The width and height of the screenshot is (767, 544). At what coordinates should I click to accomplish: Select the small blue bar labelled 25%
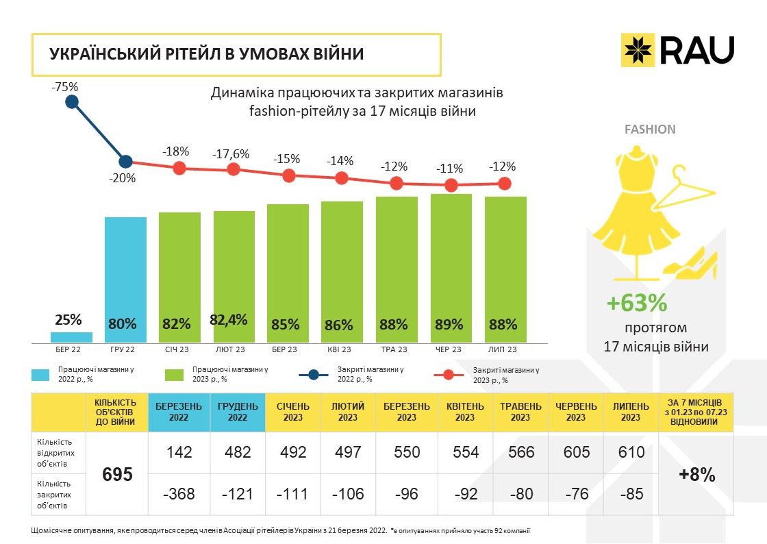pyautogui.click(x=71, y=337)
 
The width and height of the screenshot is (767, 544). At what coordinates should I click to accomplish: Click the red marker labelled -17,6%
pyautogui.click(x=234, y=169)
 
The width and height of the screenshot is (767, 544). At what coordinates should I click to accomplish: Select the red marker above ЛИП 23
pyautogui.click(x=505, y=183)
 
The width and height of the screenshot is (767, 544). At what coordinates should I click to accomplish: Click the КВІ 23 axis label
pyautogui.click(x=341, y=350)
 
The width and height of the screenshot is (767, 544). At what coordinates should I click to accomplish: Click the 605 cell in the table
pyautogui.click(x=576, y=452)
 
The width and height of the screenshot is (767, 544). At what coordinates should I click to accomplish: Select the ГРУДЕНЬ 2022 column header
pyautogui.click(x=238, y=412)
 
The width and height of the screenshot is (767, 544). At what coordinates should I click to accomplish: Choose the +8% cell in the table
pyautogui.click(x=696, y=474)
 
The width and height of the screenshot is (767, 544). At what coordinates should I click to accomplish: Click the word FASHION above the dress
pyautogui.click(x=650, y=129)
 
